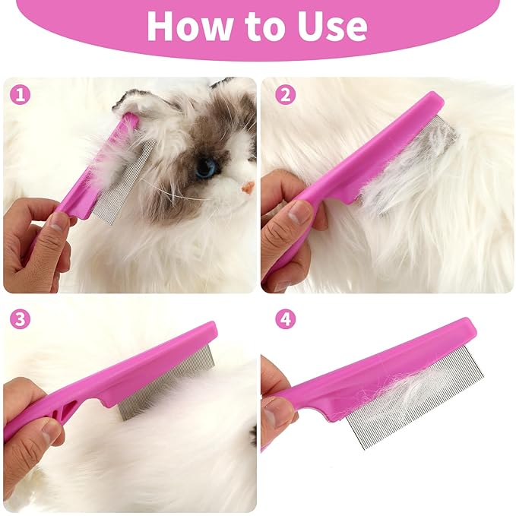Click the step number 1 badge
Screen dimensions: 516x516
(21, 96)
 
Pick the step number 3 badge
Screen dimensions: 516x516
(21, 319)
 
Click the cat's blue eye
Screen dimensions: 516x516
(205, 167)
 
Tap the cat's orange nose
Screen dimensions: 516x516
(248, 187)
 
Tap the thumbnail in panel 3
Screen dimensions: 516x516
(50, 434)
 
